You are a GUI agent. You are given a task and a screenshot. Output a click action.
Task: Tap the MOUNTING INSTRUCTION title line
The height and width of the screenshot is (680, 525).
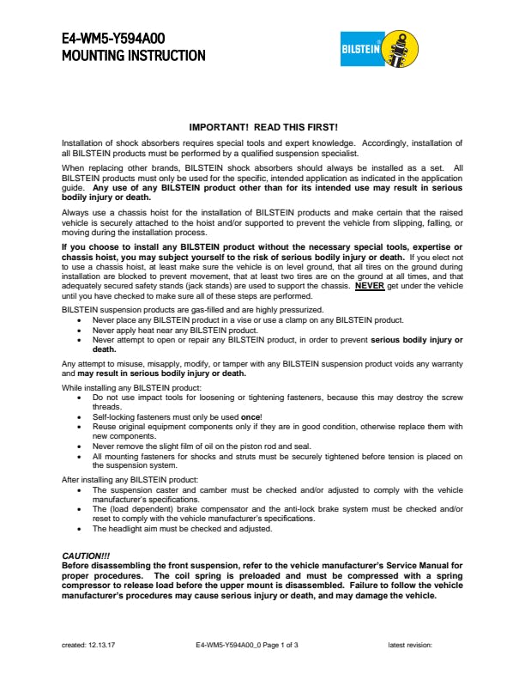tap(133, 56)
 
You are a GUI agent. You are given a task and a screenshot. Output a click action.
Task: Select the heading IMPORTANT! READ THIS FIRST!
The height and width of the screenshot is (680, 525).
tap(262, 127)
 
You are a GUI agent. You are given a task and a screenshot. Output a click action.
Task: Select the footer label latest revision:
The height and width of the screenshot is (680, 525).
tap(410, 644)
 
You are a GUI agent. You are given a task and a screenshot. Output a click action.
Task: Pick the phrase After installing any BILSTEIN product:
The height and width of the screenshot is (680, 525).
tap(117, 478)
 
